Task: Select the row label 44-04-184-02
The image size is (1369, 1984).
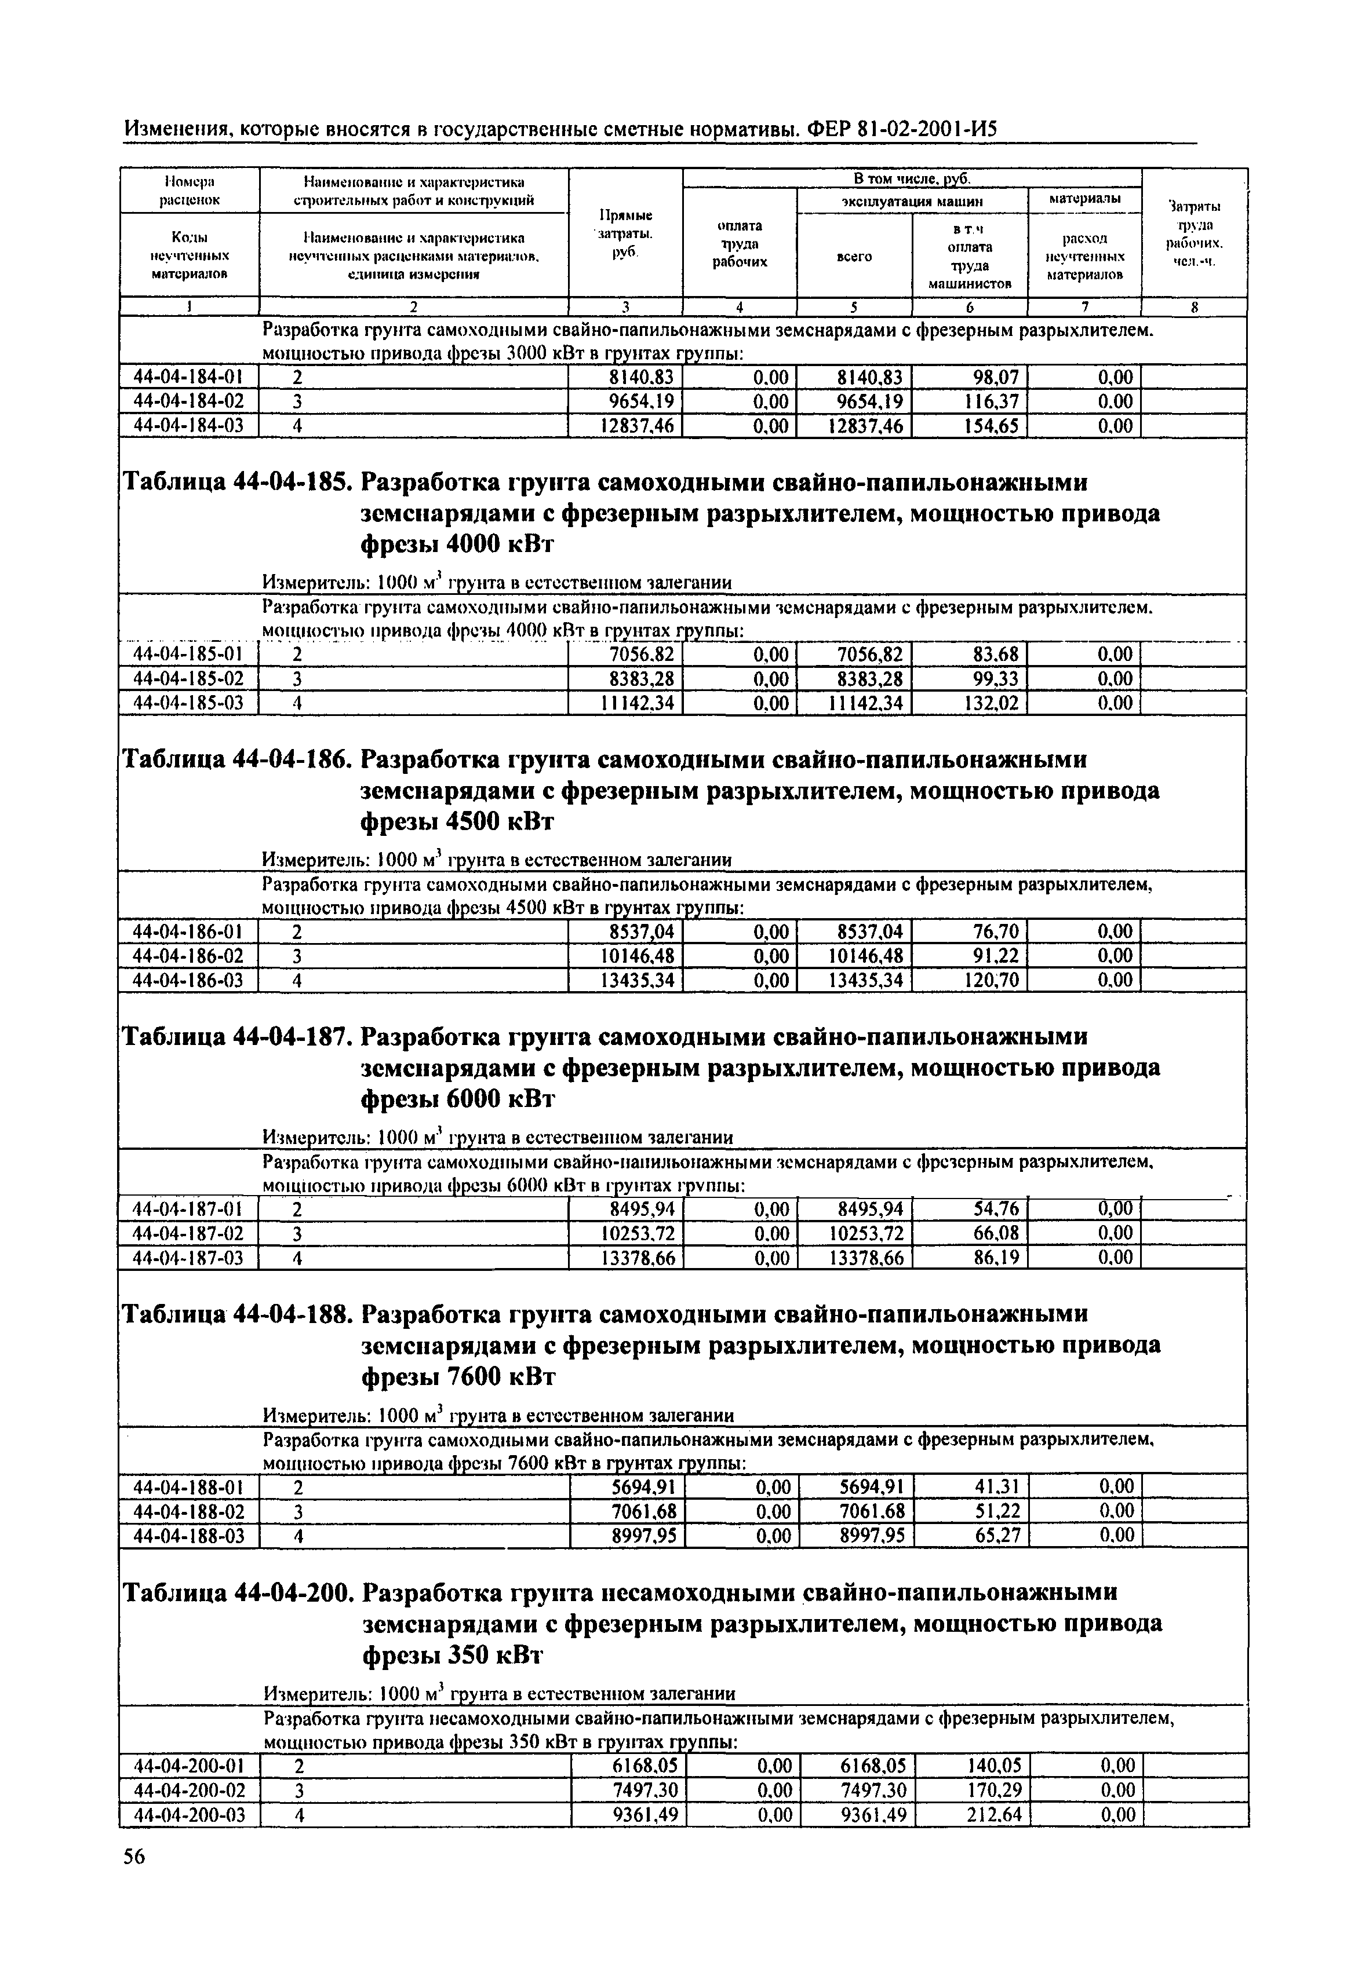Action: tap(189, 401)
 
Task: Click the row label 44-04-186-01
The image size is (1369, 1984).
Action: tap(189, 932)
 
